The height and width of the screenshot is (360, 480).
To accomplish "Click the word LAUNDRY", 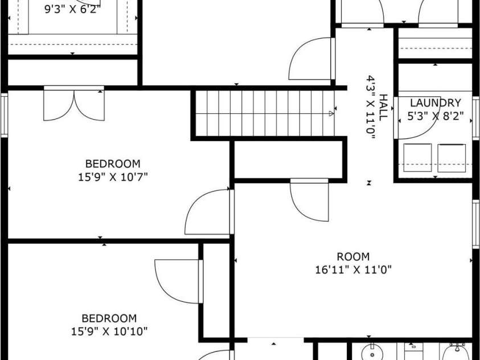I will [435, 103].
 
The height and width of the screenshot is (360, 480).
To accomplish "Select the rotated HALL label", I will [383, 107].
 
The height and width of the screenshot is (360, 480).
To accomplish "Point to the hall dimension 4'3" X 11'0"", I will [371, 107].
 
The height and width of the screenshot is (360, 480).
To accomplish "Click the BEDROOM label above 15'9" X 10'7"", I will [112, 164].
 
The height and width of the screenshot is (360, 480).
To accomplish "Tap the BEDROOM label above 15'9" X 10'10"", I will [109, 318].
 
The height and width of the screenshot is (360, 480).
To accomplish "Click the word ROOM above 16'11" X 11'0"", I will [353, 257].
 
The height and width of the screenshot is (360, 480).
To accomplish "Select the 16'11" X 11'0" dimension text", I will [353, 269].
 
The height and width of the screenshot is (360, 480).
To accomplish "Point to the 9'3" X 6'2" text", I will [72, 9].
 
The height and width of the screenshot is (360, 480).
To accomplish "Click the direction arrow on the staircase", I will [331, 114].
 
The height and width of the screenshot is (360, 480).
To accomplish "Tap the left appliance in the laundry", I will [417, 157].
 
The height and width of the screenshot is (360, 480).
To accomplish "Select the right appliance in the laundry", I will [452, 157].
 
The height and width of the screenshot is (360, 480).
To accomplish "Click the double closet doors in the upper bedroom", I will [74, 104].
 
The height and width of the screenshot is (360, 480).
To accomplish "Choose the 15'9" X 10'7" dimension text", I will [112, 177].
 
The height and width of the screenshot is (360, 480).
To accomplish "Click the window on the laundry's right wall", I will [475, 118].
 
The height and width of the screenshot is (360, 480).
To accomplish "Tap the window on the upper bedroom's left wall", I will [4, 116].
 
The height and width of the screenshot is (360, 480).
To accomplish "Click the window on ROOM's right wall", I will [475, 224].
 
